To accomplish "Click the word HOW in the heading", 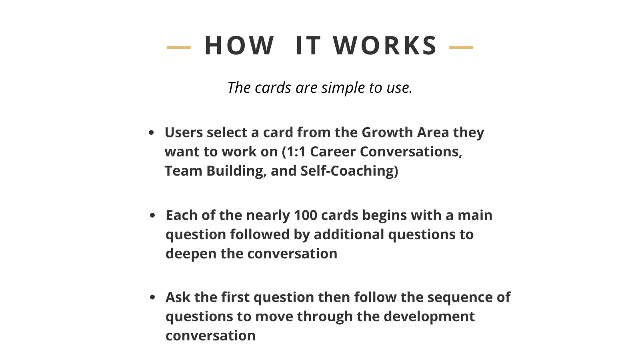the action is tap(240, 46).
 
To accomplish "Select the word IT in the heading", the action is tap(308, 46).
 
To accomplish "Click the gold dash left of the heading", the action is tap(179, 48).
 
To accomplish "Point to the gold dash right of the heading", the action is tap(461, 48).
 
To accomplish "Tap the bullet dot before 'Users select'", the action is tap(152, 132).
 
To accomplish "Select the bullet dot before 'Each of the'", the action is tap(152, 215).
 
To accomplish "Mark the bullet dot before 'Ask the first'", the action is tap(152, 297).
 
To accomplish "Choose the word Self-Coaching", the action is tap(347, 171).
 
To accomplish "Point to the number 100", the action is tap(306, 215).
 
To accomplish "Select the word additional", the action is tap(349, 234).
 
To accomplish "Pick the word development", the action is tap(429, 317).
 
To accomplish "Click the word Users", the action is tap(184, 132).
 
